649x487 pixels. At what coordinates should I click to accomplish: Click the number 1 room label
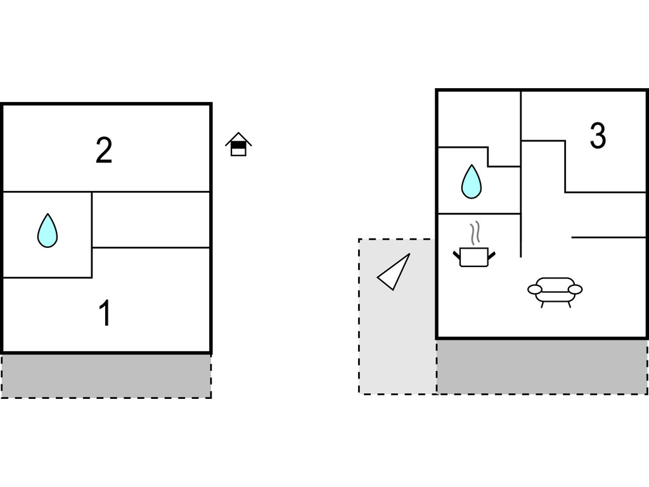pyautogui.click(x=105, y=313)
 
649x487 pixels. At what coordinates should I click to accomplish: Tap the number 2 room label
pyautogui.click(x=104, y=150)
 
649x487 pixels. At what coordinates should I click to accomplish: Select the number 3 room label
pyautogui.click(x=598, y=136)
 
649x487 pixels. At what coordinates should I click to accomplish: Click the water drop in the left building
pyautogui.click(x=48, y=230)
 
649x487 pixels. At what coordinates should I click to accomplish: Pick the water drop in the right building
pyautogui.click(x=471, y=181)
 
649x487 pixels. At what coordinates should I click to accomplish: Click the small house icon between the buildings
pyautogui.click(x=238, y=145)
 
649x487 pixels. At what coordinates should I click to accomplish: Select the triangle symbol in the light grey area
pyautogui.click(x=395, y=273)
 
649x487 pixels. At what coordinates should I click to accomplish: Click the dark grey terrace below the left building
pyautogui.click(x=106, y=375)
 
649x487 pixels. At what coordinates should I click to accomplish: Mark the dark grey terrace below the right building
pyautogui.click(x=542, y=367)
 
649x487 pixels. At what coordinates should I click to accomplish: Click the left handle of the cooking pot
pyautogui.click(x=457, y=255)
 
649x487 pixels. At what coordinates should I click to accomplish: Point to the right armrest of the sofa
pyautogui.click(x=575, y=290)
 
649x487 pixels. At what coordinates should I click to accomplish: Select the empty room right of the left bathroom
pyautogui.click(x=151, y=219)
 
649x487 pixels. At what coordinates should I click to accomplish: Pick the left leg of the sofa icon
pyautogui.click(x=543, y=304)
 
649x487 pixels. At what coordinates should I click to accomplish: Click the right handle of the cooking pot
pyautogui.click(x=491, y=255)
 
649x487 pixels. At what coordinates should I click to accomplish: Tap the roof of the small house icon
pyautogui.click(x=238, y=138)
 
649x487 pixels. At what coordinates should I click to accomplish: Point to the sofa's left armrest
pyautogui.click(x=534, y=290)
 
